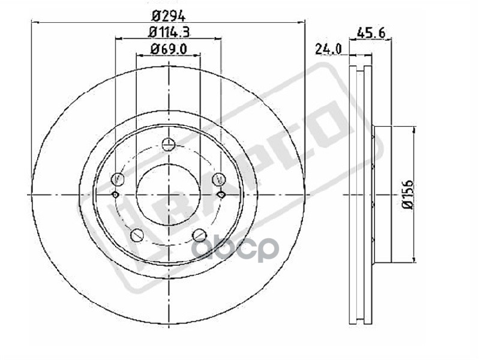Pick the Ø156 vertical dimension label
[408, 195]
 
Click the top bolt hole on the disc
[169, 144]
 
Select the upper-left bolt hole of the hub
[118, 178]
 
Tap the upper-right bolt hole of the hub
[220, 178]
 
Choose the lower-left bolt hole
[137, 235]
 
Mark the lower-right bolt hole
[199, 235]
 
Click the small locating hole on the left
[115, 194]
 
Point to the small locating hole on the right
[221, 194]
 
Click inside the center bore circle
[169, 194]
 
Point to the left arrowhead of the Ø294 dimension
[35, 23]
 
